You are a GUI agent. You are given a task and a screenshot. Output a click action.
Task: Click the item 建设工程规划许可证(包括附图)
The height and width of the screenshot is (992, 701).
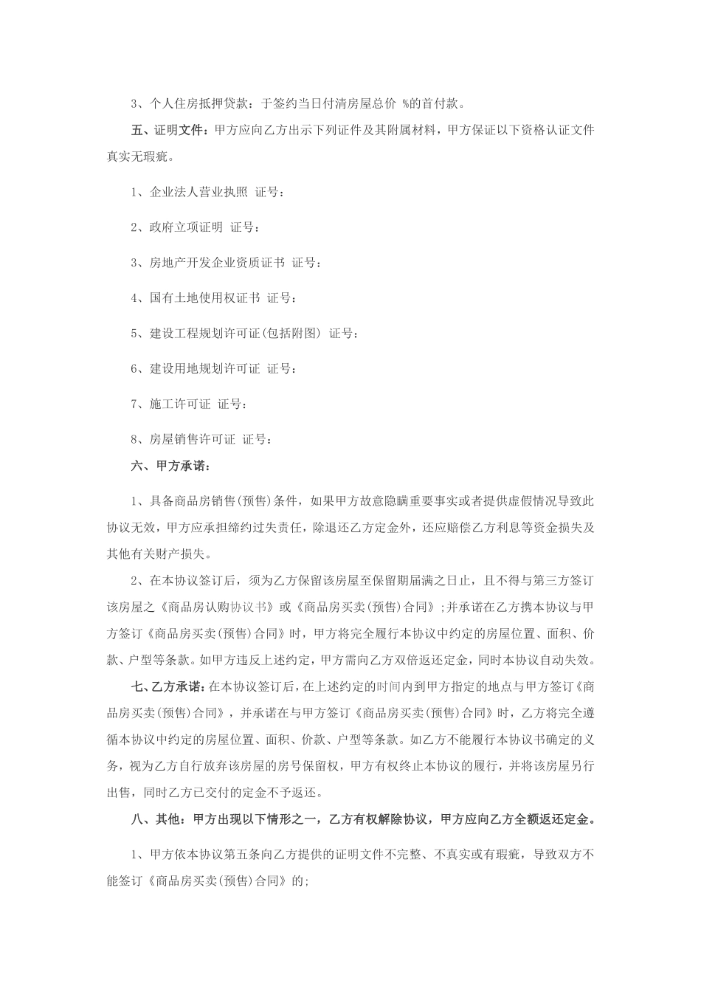235,334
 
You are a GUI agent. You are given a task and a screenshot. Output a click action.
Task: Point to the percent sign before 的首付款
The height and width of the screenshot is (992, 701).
405,103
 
